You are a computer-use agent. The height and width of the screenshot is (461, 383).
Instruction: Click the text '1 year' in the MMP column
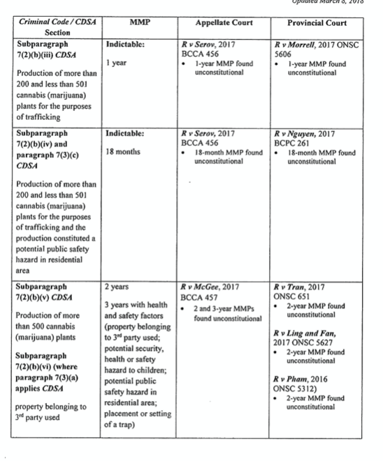pyautogui.click(x=116, y=63)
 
